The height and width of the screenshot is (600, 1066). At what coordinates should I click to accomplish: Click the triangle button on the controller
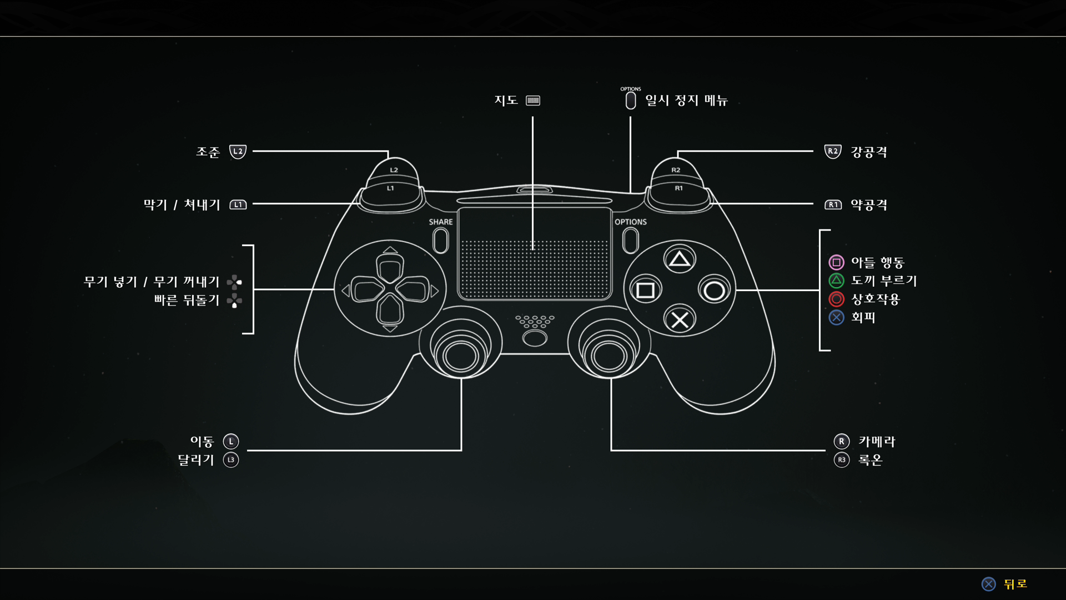click(680, 259)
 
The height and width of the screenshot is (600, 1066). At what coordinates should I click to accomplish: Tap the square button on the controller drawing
click(645, 290)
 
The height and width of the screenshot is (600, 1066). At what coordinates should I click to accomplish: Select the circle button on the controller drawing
click(714, 290)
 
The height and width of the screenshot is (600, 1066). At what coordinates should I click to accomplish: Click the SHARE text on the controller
click(441, 222)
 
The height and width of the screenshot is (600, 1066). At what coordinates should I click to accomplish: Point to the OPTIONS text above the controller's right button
click(631, 222)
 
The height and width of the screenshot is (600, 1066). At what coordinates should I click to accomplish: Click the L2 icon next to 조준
click(238, 151)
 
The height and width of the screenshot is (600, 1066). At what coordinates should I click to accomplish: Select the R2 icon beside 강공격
click(833, 151)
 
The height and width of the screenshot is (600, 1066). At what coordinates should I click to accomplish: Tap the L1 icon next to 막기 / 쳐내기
click(238, 204)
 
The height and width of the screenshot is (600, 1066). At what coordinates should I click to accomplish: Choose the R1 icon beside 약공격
click(833, 204)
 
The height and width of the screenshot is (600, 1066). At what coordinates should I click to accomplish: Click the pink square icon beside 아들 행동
click(836, 262)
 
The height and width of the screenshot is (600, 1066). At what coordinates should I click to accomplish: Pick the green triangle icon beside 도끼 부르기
click(836, 281)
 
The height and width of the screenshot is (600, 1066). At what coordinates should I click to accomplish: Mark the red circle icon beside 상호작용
click(836, 299)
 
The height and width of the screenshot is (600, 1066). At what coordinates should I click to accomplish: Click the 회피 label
click(863, 317)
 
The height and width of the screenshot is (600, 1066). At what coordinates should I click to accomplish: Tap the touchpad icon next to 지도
click(533, 101)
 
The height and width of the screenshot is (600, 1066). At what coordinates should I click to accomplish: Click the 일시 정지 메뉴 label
click(686, 101)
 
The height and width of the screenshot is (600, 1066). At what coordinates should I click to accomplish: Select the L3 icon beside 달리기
click(231, 460)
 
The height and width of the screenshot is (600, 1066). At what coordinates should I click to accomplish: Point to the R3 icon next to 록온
click(842, 460)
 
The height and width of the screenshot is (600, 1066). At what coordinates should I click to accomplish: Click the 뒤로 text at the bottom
click(1015, 584)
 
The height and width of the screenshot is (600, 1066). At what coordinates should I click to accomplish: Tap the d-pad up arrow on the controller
click(390, 251)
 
